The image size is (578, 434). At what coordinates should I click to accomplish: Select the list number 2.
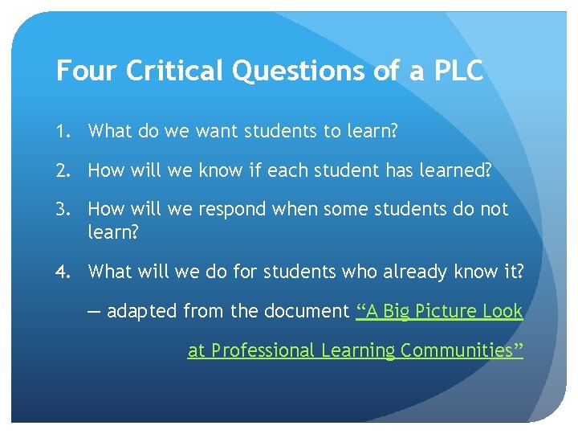tap(62, 170)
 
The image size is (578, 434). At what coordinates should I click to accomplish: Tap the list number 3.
tap(62, 210)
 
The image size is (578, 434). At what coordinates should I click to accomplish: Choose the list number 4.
tap(62, 272)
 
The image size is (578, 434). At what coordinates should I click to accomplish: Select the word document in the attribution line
tap(309, 311)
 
